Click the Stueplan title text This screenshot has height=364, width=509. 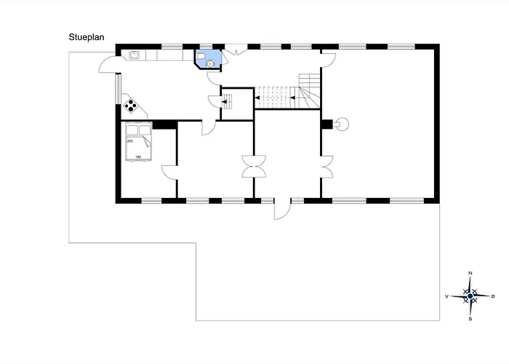(87, 37)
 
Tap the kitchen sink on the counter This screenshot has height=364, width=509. (134, 55)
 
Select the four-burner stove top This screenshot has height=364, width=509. (130, 106)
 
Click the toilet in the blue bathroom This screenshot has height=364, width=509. (201, 55)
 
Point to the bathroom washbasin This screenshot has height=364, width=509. (210, 64)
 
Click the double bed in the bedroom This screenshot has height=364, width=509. (139, 141)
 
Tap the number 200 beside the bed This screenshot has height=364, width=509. (130, 141)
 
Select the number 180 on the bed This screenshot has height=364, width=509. (138, 157)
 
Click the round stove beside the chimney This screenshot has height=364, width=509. (342, 124)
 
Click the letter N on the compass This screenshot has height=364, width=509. (470, 273)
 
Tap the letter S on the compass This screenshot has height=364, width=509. (470, 319)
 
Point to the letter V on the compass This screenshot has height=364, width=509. (447, 296)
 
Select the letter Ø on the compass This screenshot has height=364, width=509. (493, 296)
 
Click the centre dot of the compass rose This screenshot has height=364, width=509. (470, 296)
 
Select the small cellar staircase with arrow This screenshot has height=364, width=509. (227, 102)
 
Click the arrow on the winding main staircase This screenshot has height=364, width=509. (292, 98)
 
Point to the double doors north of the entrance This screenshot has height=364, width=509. (254, 167)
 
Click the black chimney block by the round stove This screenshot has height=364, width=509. (327, 124)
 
